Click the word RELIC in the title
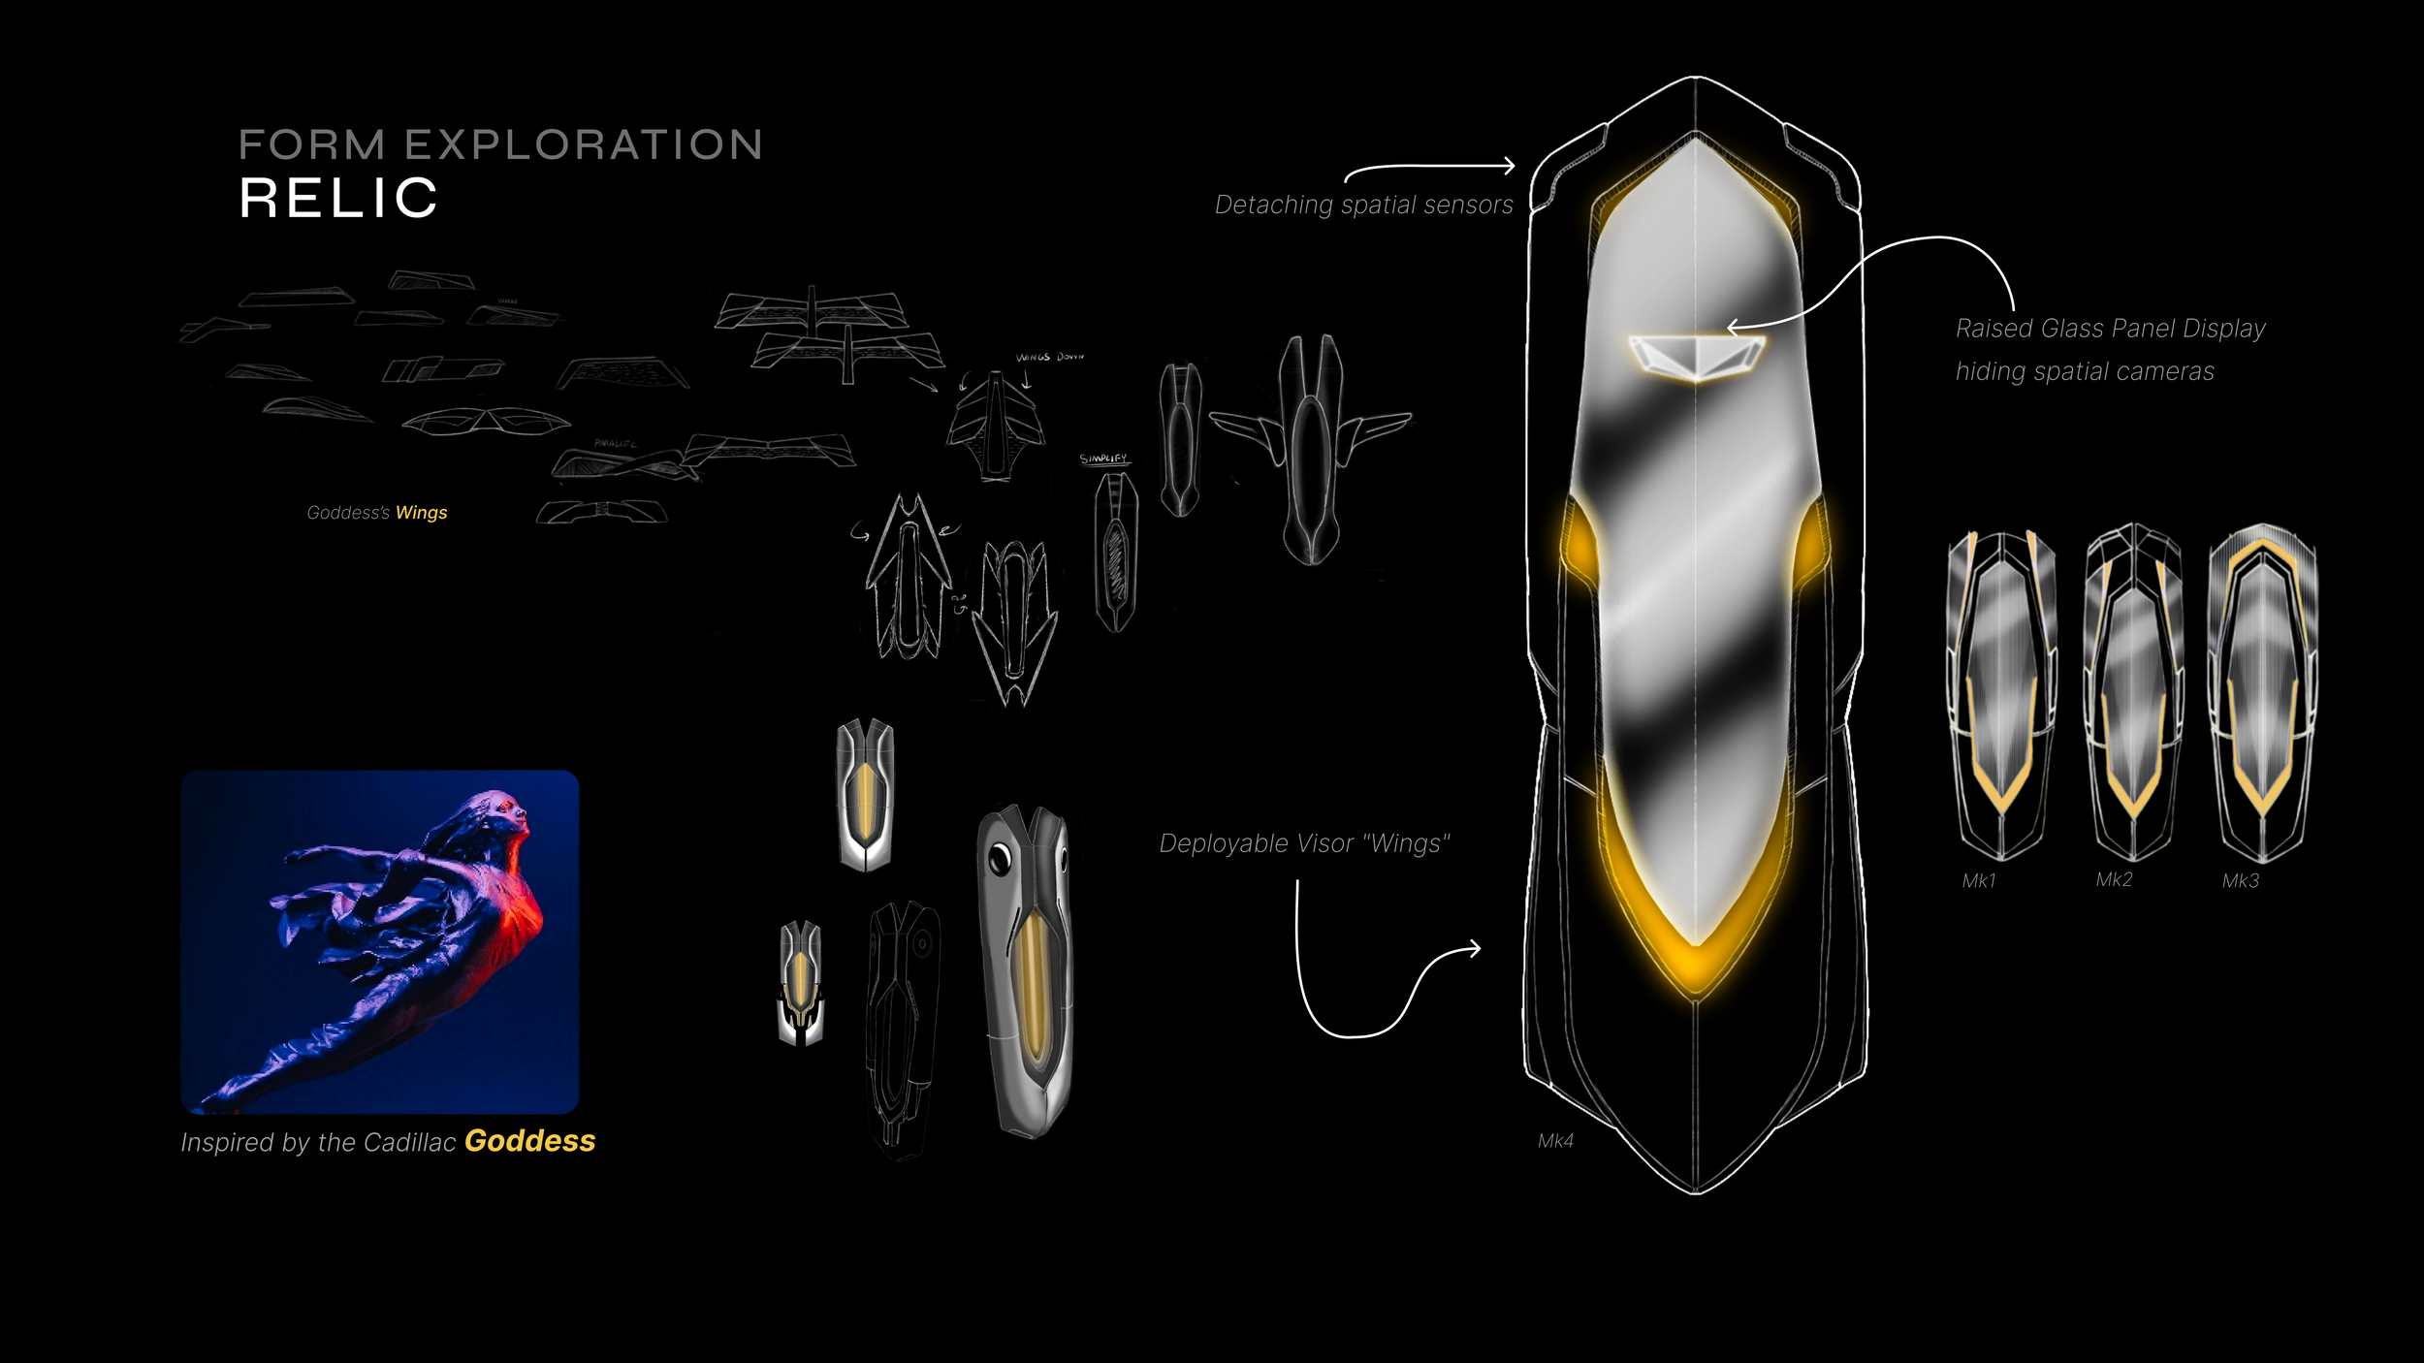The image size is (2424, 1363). tap(338, 198)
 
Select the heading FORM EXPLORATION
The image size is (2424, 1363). tap(500, 145)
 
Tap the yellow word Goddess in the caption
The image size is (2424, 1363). tap(529, 1141)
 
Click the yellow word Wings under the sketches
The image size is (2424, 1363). tap(421, 513)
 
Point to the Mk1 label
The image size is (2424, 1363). tap(1978, 881)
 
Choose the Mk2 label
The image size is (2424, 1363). tap(2114, 880)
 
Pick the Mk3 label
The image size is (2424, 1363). tap(2241, 881)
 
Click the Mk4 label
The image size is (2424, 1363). tap(1555, 1141)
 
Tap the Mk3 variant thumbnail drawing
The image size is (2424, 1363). tap(2262, 693)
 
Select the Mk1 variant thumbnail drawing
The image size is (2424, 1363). tap(2001, 693)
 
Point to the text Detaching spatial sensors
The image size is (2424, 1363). tap(1363, 206)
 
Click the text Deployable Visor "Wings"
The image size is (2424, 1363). tap(1304, 844)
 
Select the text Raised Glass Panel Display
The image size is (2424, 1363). tap(2110, 330)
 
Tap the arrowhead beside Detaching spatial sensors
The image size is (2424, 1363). tap(1509, 166)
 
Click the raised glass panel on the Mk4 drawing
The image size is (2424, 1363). tap(1696, 357)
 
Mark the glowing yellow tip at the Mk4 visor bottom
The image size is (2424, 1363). tap(1695, 969)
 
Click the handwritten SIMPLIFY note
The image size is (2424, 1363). tap(1103, 459)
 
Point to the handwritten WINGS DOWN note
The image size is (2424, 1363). tap(1049, 357)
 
